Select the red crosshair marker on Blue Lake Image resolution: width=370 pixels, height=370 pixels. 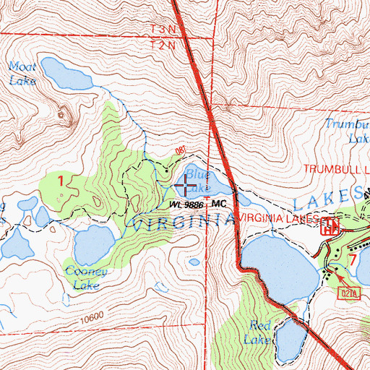pos(185,187)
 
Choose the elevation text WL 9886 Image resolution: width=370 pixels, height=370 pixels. pos(186,205)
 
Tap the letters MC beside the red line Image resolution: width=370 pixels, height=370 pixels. pos(220,205)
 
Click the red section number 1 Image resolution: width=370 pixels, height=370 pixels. pos(61,180)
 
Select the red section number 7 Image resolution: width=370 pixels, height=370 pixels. pos(353,257)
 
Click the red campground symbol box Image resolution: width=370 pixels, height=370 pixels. pos(331,227)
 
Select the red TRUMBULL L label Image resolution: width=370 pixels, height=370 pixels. pos(336,169)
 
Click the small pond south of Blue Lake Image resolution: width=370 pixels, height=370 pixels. pos(194,262)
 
